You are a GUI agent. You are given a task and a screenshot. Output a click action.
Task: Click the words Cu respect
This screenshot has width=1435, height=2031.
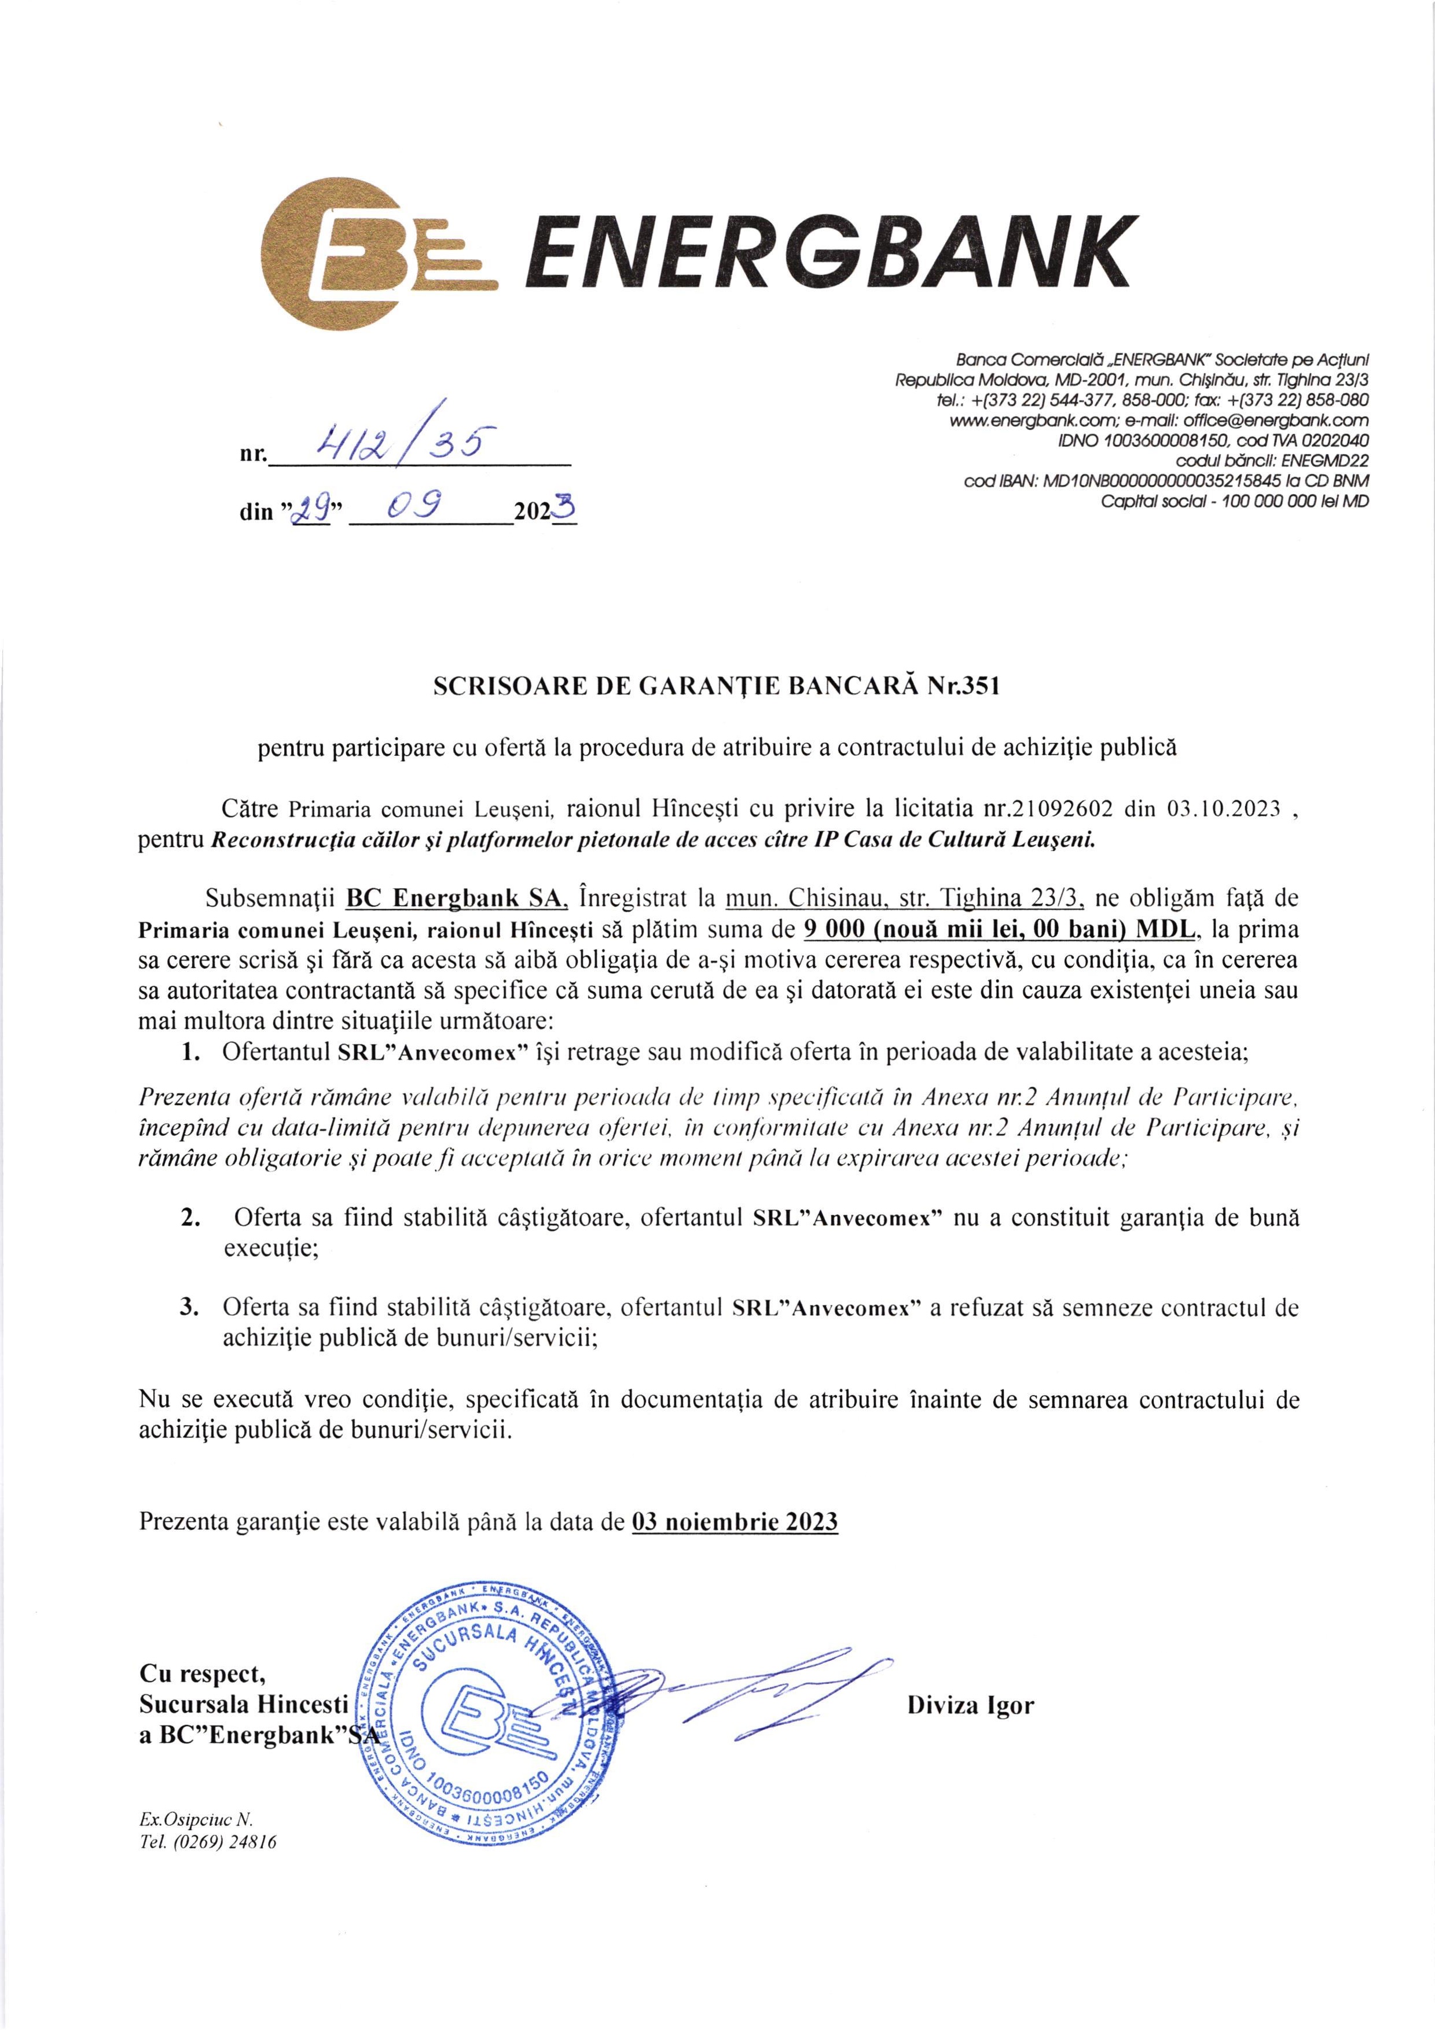pyautogui.click(x=201, y=1673)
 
